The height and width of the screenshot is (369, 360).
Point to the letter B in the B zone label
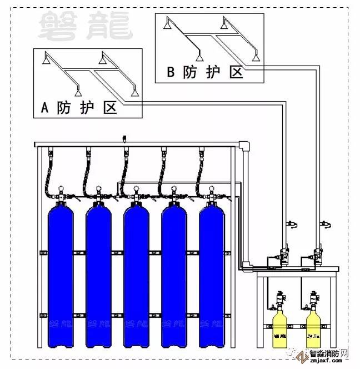171,72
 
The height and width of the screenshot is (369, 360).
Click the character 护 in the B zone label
213,72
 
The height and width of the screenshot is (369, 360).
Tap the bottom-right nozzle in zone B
256,57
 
